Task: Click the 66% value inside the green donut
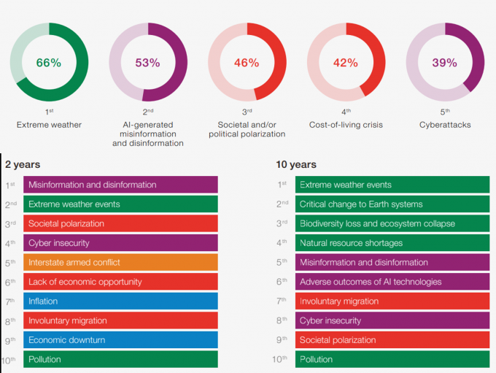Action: pos(49,63)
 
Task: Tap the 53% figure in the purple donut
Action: pos(147,63)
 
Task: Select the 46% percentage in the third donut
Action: pos(247,63)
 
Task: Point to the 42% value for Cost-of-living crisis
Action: pos(346,63)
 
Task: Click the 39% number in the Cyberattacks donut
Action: pos(444,63)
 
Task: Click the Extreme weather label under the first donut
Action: pos(49,125)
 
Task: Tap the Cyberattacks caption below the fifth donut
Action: pos(445,125)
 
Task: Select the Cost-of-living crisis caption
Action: pos(346,125)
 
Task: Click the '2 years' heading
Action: pos(23,165)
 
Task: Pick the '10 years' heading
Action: pos(296,165)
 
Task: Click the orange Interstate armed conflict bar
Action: pos(120,262)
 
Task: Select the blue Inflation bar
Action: pos(120,301)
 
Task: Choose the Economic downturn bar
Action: pos(120,339)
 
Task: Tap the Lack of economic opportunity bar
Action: pos(120,282)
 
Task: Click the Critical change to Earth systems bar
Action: pos(392,204)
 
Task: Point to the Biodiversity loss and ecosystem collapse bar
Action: pos(392,223)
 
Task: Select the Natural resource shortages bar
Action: pos(392,243)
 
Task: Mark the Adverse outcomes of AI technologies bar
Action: pos(392,282)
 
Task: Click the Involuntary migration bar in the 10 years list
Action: pos(392,301)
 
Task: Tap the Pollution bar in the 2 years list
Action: pos(120,359)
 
